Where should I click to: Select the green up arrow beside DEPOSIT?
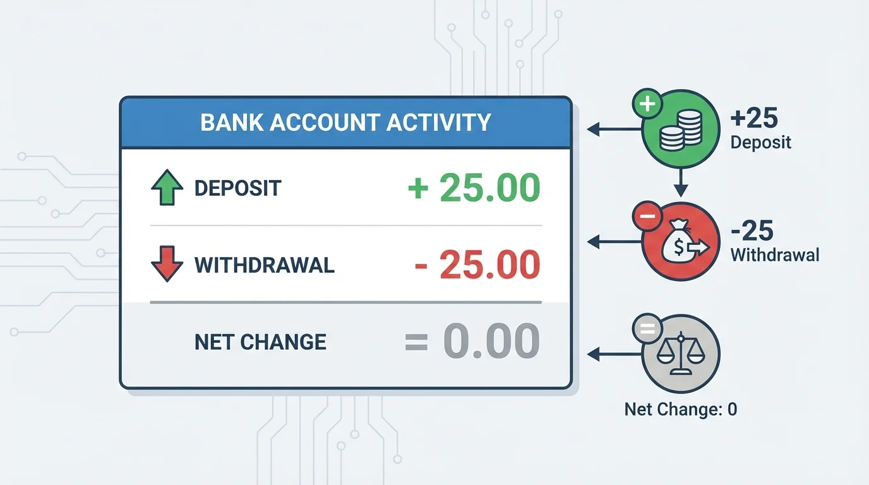167,188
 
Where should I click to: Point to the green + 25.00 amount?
474,188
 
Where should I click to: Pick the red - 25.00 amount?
477,265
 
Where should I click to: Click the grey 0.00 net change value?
491,342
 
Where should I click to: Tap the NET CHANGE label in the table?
260,342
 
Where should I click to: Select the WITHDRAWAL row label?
264,265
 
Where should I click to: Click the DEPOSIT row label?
237,188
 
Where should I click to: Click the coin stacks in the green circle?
680,131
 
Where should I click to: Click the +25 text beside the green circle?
753,118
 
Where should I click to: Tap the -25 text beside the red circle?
752,232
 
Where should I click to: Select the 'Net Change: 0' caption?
680,409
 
